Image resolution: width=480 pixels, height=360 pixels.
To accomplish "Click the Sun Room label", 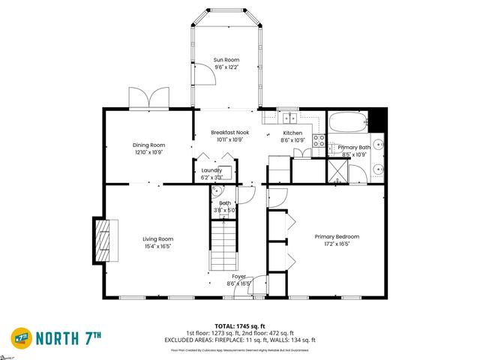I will click(226, 61).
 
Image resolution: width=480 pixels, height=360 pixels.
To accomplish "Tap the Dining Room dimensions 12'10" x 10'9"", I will click(148, 152).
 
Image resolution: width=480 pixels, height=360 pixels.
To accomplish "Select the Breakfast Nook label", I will click(229, 132).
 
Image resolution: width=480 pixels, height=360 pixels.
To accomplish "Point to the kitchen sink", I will click(289, 117).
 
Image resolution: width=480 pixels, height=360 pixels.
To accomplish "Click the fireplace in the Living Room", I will click(102, 240).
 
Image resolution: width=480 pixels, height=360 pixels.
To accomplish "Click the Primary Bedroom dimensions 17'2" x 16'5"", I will click(331, 244).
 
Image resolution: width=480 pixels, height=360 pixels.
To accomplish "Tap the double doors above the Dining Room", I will click(147, 98).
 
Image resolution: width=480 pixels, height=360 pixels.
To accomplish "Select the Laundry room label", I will click(211, 170).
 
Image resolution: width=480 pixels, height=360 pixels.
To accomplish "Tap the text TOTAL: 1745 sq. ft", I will click(240, 325).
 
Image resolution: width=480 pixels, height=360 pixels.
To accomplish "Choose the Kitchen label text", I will click(292, 132).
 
